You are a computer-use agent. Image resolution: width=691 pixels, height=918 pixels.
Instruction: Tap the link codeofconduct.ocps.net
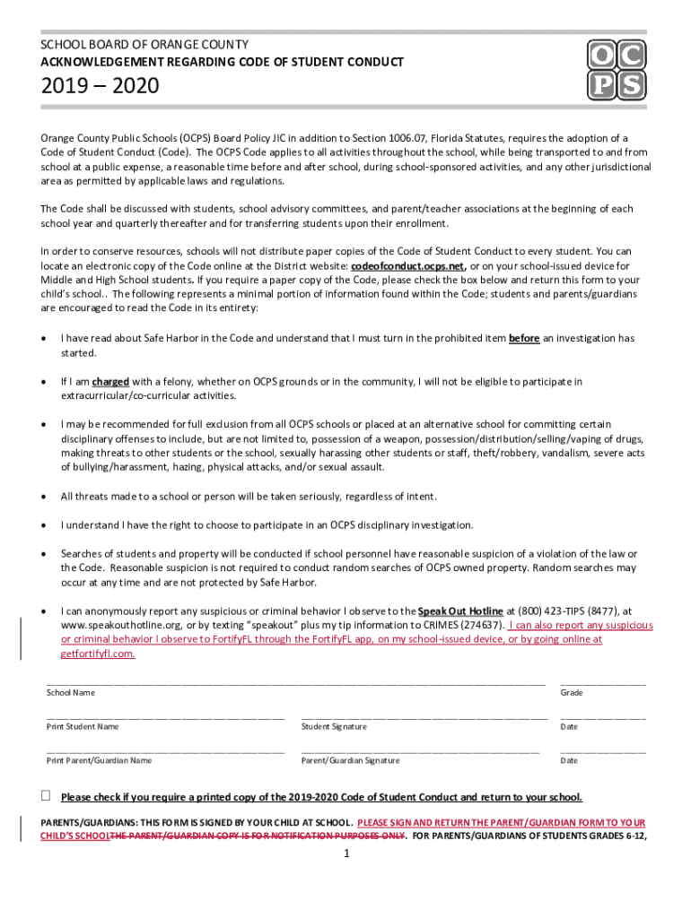tap(408, 266)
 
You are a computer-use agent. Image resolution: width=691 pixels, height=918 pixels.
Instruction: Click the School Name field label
tap(71, 693)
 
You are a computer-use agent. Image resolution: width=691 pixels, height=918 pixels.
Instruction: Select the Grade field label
tap(572, 693)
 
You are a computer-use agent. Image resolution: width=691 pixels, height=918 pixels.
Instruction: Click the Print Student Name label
tap(83, 726)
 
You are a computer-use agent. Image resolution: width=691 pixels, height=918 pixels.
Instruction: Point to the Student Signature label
tap(334, 726)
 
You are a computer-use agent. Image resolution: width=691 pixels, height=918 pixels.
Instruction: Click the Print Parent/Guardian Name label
tap(99, 760)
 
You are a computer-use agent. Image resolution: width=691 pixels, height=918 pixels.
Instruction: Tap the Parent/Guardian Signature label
tap(350, 760)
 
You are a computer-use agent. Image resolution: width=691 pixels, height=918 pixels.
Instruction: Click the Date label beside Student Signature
tap(569, 726)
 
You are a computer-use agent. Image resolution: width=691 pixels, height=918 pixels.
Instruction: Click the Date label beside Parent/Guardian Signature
tap(569, 760)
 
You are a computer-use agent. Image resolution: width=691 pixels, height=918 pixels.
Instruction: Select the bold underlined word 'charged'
tap(110, 381)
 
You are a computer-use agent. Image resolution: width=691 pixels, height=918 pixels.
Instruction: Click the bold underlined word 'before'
tap(524, 338)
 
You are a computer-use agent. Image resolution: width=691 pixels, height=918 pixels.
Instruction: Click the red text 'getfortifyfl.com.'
tap(98, 654)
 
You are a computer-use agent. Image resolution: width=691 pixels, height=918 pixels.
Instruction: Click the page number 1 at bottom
tap(345, 853)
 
